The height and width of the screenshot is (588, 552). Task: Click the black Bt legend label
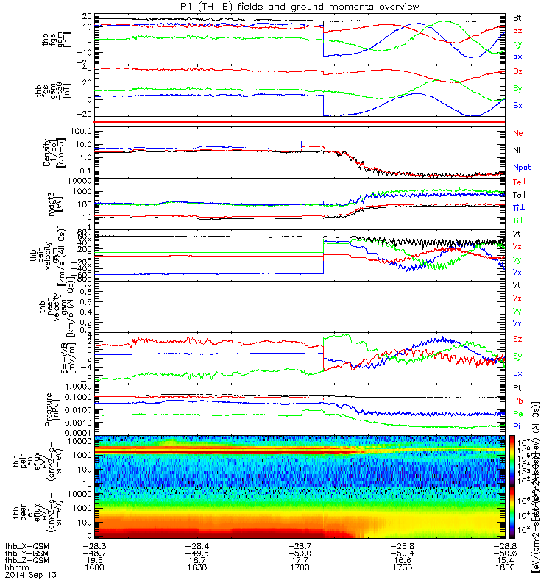point(517,16)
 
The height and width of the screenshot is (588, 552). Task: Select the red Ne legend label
point(517,134)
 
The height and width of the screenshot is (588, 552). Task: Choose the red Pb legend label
point(518,401)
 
